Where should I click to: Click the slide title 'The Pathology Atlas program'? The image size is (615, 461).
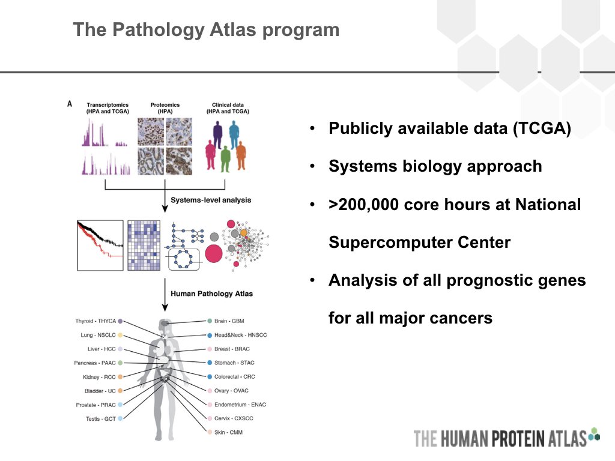(205, 29)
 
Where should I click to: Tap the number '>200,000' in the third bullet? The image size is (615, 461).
(365, 205)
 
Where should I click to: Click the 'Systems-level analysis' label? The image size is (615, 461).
(211, 200)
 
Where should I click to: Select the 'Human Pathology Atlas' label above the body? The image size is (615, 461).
(211, 294)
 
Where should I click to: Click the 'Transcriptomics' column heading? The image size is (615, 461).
(108, 105)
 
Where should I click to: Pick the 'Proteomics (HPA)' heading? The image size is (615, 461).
(165, 108)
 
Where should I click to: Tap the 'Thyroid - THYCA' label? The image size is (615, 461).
(95, 321)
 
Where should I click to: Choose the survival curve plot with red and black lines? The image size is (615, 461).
(100, 245)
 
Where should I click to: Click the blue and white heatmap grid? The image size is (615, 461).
(144, 245)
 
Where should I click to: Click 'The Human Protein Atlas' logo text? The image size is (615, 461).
(500, 438)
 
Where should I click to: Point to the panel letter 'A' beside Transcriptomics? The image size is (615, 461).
(70, 104)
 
